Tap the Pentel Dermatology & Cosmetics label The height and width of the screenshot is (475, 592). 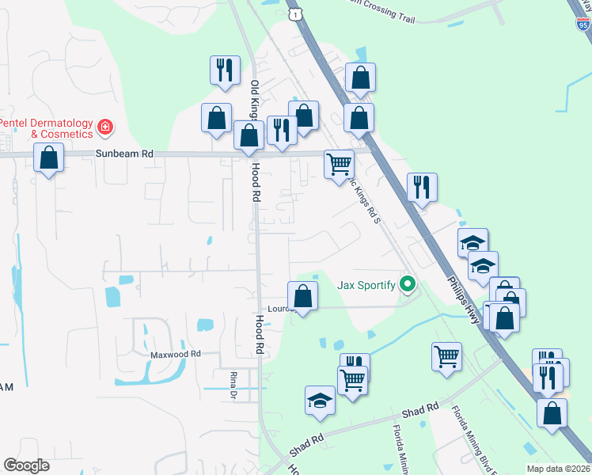pos(46,128)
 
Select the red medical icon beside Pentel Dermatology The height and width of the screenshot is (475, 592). pos(104,127)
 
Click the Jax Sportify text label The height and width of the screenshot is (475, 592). pos(366,284)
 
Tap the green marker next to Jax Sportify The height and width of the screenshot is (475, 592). pos(408,283)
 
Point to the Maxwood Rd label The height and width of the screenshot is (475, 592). pos(176,355)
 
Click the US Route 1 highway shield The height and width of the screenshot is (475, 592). pos(295,14)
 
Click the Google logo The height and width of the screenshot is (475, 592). pos(27,465)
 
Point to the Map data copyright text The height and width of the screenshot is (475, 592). pos(558,469)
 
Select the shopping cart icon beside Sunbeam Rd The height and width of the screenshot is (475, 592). pos(339,164)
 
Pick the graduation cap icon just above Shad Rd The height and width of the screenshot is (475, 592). pos(320,400)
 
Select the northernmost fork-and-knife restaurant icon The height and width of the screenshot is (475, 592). pos(225,70)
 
